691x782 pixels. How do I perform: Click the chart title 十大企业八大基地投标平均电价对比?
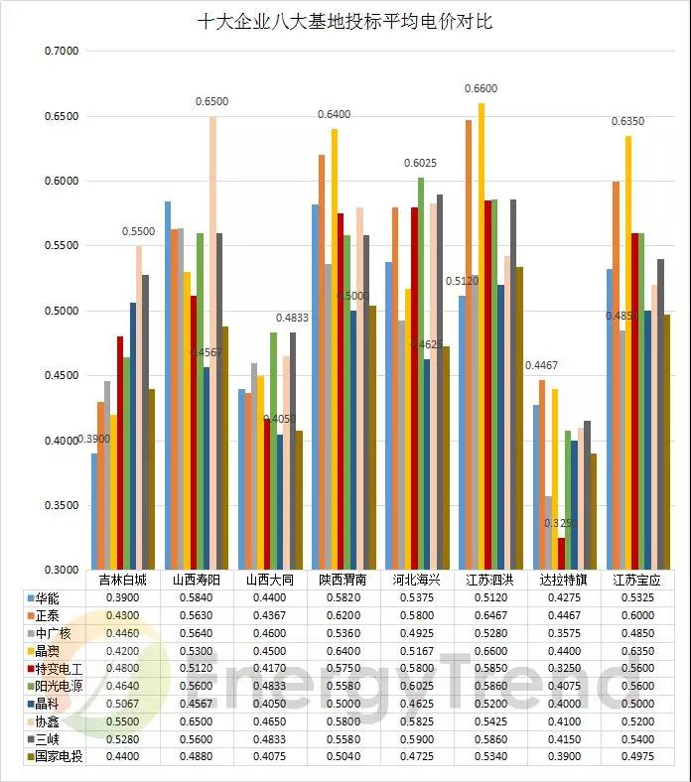[345, 21]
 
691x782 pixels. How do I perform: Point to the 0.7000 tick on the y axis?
[61, 51]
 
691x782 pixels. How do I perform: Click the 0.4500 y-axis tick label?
[61, 376]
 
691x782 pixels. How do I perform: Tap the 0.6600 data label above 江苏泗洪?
[481, 89]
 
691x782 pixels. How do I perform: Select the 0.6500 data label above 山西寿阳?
[211, 102]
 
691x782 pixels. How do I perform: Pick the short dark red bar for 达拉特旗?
[561, 553]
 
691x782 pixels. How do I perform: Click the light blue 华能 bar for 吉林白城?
[94, 511]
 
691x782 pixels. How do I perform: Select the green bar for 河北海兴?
[421, 373]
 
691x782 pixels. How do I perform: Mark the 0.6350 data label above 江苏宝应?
[627, 122]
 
